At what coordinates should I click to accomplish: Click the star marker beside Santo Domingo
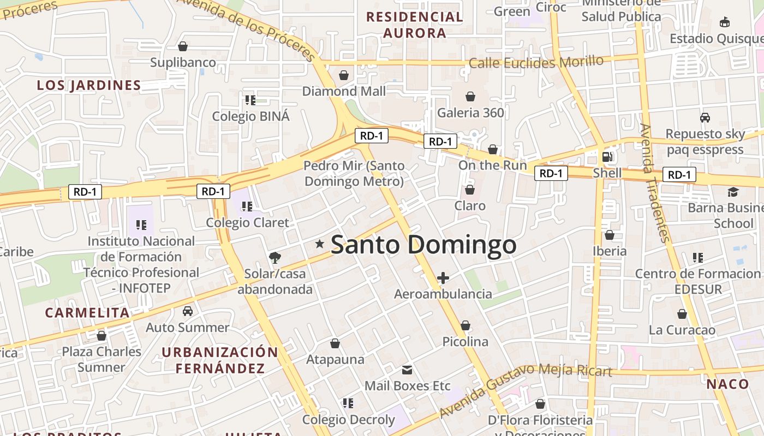coord(320,245)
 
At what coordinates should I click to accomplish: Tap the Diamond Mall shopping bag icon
coord(344,75)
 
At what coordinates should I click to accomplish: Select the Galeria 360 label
coord(470,113)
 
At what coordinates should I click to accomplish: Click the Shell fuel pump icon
coord(607,157)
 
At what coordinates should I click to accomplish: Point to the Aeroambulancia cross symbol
coord(443,278)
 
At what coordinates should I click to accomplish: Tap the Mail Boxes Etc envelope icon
coord(407,370)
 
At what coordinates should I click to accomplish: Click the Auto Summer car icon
coord(188,311)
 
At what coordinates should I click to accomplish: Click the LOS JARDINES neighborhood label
coord(89,85)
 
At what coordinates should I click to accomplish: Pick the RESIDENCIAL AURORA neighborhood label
coord(415,25)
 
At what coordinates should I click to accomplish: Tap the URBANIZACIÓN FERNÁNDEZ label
coord(220,360)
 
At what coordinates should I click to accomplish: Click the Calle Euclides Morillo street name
coord(536,62)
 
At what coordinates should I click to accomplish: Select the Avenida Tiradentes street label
coord(654,183)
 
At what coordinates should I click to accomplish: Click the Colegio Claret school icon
coord(247,207)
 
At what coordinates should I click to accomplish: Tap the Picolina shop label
coord(465,342)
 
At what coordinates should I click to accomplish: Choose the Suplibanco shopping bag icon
coord(183,47)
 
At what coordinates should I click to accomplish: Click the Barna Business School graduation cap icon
coord(732,192)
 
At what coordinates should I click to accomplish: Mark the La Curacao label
coord(682,330)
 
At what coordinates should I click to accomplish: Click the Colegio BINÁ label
coord(250,116)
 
